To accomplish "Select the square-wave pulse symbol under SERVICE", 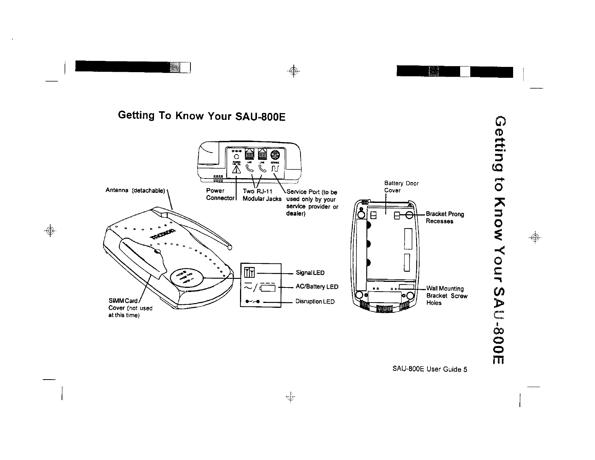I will [x=275, y=170].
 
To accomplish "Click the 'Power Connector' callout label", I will [x=220, y=194].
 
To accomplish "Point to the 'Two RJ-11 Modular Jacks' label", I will [x=262, y=195].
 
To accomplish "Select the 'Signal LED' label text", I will [x=310, y=272].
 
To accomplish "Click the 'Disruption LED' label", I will [x=315, y=301].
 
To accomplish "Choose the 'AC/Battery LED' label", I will [x=317, y=287].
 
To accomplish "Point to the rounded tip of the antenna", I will [x=230, y=247].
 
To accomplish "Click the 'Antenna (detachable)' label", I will [x=135, y=190].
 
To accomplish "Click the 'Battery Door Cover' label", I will [x=401, y=187].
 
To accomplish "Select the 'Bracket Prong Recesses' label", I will [x=445, y=218].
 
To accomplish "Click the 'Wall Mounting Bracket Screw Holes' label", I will [x=446, y=295].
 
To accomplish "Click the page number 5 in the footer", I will [x=465, y=369].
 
